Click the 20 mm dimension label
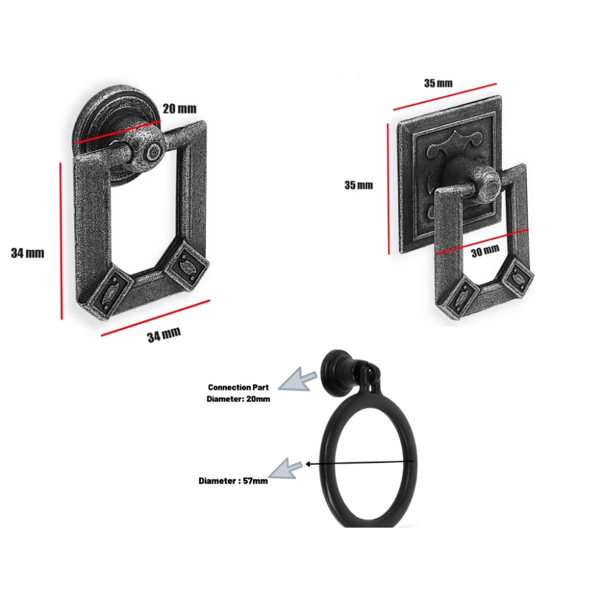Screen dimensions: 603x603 (x=179, y=109)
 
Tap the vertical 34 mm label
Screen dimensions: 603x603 (x=27, y=253)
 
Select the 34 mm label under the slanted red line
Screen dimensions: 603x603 (x=163, y=334)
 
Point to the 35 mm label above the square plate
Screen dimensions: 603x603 (x=438, y=83)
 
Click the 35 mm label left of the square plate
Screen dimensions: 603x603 (x=358, y=185)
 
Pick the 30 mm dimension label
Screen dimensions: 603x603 (x=485, y=251)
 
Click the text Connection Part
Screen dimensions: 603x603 (x=238, y=387)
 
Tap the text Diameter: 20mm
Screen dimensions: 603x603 (x=238, y=399)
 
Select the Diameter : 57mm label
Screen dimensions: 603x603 (x=233, y=481)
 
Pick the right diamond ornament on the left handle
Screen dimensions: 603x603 (x=185, y=264)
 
